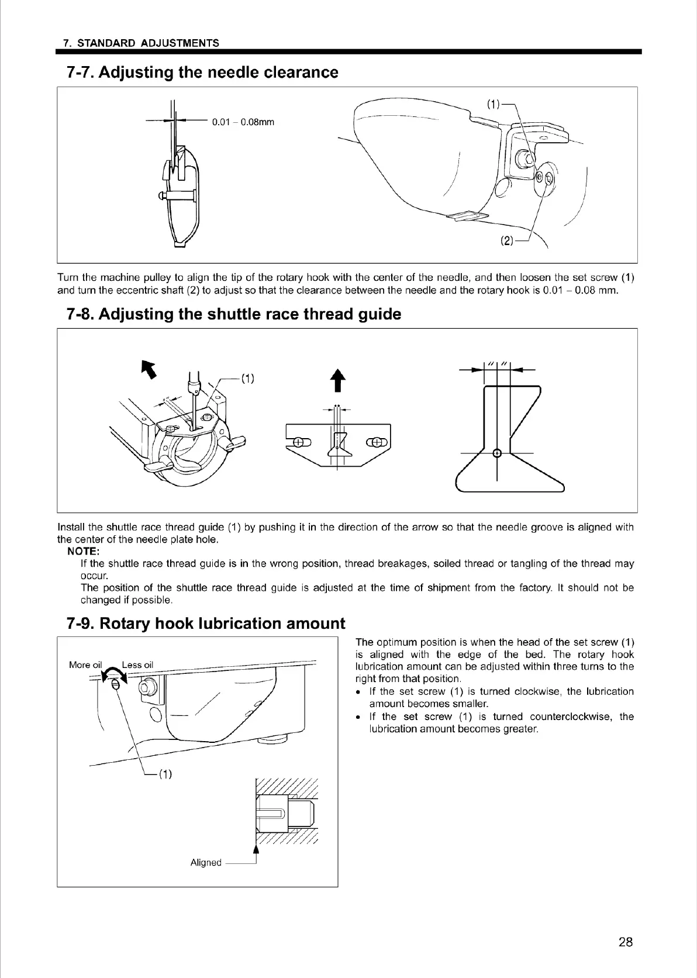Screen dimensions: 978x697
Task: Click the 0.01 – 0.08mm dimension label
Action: click(243, 122)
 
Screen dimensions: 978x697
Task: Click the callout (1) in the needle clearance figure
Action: click(494, 104)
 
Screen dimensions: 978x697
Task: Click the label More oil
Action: click(85, 664)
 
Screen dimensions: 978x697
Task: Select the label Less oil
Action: click(137, 664)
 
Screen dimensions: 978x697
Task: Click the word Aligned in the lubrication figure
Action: click(206, 862)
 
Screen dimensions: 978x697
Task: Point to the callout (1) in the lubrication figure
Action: click(165, 774)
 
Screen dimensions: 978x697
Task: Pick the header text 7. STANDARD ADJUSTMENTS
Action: click(141, 43)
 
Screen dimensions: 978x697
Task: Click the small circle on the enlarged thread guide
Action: click(497, 453)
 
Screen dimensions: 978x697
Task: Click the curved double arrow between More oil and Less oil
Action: click(112, 673)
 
